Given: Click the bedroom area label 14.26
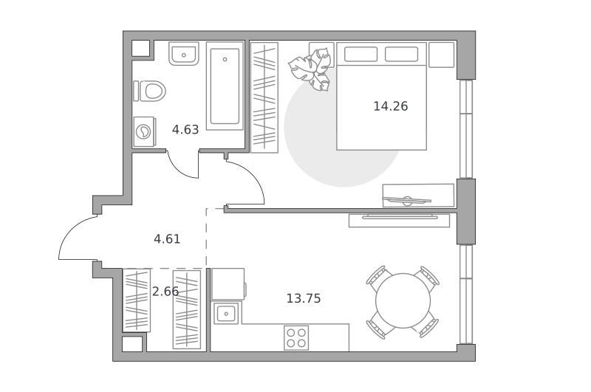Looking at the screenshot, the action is (x=391, y=106).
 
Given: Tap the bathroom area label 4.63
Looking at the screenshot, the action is (x=185, y=129).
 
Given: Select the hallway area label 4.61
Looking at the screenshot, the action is (x=167, y=239).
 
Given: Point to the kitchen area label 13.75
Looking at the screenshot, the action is (x=304, y=298).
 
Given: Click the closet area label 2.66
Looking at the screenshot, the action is (x=165, y=291).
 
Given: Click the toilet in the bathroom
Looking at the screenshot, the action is (x=150, y=91).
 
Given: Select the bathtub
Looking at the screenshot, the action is (x=225, y=86).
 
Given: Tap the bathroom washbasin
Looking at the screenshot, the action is (x=183, y=53).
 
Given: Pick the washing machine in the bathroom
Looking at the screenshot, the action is (x=144, y=132).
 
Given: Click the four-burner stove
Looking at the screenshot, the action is (x=296, y=338).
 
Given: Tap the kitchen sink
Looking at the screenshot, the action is (x=226, y=313).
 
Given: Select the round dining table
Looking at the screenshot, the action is (x=403, y=300).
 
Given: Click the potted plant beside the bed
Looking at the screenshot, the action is (x=310, y=69).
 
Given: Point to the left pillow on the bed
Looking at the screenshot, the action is (x=361, y=54).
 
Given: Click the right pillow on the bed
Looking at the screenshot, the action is (x=401, y=54).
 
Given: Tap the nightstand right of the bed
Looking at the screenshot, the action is (x=441, y=55).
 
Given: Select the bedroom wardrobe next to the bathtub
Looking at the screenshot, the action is (x=264, y=97).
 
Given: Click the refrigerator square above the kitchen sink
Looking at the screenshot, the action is (x=228, y=284).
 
